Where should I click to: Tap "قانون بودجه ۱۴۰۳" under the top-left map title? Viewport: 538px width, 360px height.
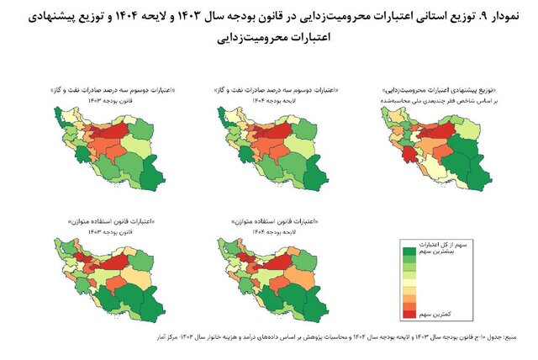100,98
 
